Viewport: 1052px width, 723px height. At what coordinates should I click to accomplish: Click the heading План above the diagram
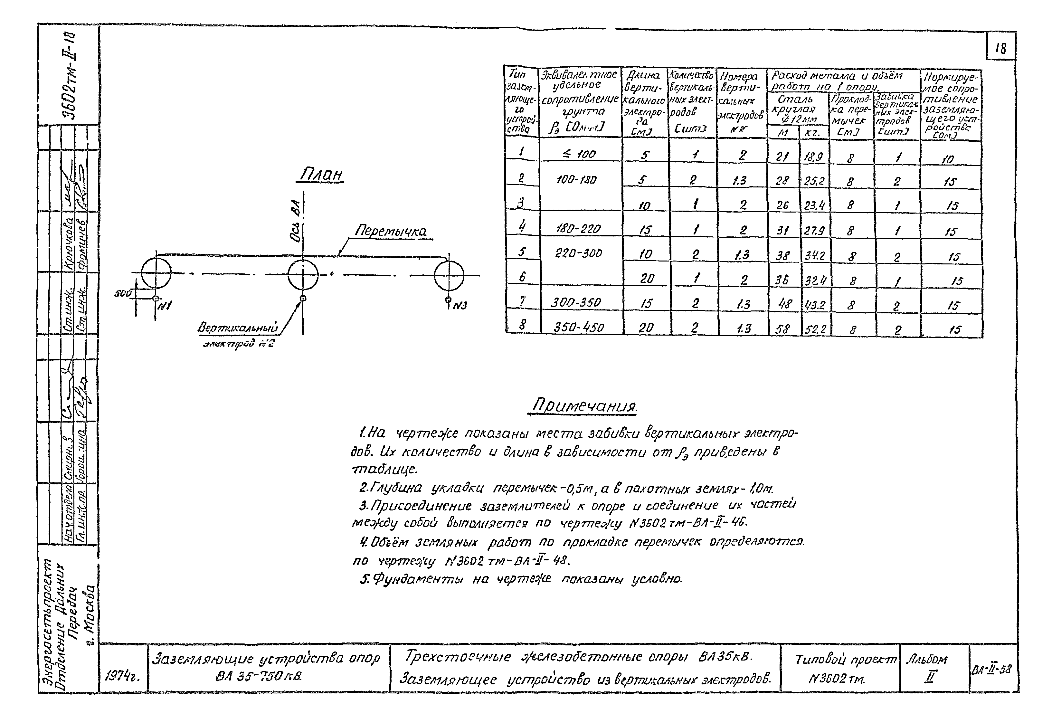pos(321,175)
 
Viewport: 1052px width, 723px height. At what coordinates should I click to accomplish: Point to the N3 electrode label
pos(460,306)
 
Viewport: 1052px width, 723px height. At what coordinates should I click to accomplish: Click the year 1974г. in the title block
pos(122,676)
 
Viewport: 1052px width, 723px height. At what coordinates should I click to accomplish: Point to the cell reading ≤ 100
pos(580,154)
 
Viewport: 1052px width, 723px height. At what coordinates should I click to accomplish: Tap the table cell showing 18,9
pos(813,157)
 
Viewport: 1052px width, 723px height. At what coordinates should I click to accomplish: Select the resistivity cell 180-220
pos(578,229)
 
